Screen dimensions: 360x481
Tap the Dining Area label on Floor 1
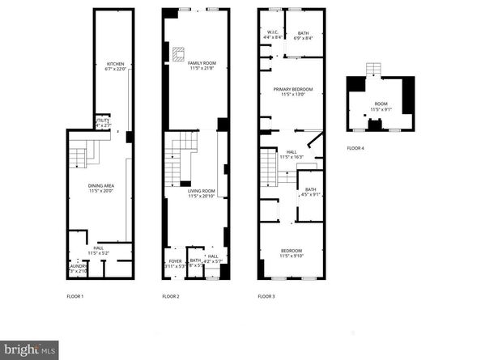click(101, 188)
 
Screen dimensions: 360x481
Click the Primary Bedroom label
click(292, 91)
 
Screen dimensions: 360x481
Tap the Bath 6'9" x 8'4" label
click(304, 34)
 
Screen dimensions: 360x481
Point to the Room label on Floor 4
click(379, 106)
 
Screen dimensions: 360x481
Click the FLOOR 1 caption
click(75, 297)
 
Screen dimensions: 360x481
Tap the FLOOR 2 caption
click(170, 297)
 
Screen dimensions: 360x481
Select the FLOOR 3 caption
click(266, 297)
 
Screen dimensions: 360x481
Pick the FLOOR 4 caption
click(355, 148)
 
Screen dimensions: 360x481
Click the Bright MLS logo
click(29, 349)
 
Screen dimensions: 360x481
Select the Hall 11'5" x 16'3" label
click(292, 154)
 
